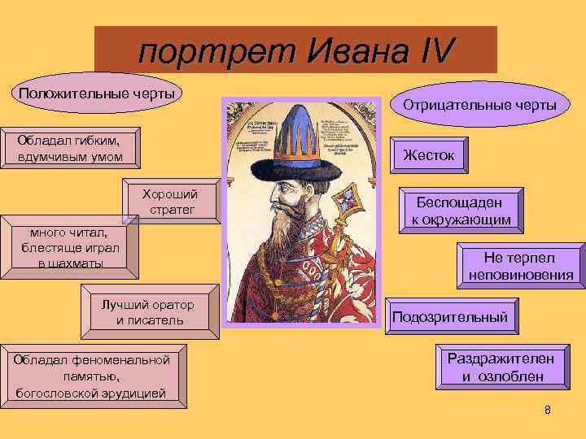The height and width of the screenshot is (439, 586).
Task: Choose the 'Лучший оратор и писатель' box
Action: (148, 312)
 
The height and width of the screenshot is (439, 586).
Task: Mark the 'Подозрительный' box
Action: (451, 317)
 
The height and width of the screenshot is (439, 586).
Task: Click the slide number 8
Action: (547, 410)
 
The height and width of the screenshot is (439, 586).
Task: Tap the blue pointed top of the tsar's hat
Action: (300, 130)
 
